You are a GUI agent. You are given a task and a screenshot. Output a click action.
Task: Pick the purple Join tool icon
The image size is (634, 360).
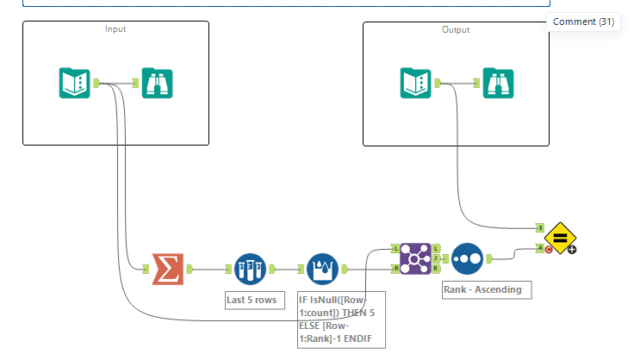tap(416, 258)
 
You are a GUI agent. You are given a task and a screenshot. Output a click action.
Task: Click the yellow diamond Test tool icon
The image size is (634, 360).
tap(559, 238)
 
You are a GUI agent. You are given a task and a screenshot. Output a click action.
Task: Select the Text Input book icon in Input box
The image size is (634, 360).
tap(75, 83)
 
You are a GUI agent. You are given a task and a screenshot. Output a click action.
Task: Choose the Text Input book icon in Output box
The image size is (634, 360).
tap(415, 83)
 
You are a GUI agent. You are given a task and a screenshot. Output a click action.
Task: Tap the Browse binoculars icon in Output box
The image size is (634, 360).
tap(499, 83)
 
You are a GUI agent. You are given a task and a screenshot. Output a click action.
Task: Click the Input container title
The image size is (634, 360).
tap(115, 29)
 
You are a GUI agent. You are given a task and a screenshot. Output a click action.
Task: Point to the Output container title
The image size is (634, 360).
tap(456, 29)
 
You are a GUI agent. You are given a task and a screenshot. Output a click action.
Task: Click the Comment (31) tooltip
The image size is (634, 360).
tap(583, 22)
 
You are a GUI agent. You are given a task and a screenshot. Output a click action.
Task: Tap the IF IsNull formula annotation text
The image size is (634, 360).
tap(335, 319)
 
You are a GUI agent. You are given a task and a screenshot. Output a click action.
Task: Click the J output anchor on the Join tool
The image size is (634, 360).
tap(437, 258)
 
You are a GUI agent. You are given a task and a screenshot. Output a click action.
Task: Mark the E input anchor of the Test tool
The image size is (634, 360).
tap(540, 228)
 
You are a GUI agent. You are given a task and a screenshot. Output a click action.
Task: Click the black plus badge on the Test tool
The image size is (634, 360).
tap(571, 250)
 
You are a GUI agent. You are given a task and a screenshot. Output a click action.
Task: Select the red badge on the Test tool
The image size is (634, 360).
tap(549, 250)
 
